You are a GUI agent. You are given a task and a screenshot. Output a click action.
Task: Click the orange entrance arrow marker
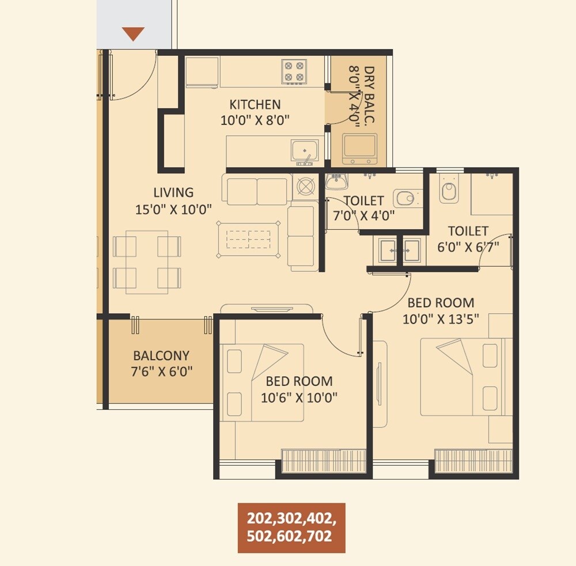click(134, 34)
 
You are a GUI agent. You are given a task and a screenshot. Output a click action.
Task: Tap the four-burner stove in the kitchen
click(293, 71)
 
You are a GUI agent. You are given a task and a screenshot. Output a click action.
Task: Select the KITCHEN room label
click(255, 105)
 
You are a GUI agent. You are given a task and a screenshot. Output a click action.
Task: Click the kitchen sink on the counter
click(304, 150)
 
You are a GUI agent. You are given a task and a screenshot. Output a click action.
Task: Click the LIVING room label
click(173, 193)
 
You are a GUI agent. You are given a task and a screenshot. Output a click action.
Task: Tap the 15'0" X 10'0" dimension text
click(173, 209)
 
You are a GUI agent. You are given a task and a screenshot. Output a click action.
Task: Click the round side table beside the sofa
click(304, 187)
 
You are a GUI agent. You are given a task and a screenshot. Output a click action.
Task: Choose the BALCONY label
click(161, 356)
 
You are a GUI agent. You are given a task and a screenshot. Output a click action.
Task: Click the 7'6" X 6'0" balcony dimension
click(161, 371)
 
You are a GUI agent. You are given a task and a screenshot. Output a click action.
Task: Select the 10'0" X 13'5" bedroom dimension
click(441, 319)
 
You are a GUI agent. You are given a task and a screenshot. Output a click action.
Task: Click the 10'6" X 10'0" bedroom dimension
click(299, 397)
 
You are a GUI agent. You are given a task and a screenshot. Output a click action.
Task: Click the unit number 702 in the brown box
click(320, 537)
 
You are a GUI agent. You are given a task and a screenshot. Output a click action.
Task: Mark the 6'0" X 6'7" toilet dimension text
click(468, 246)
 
